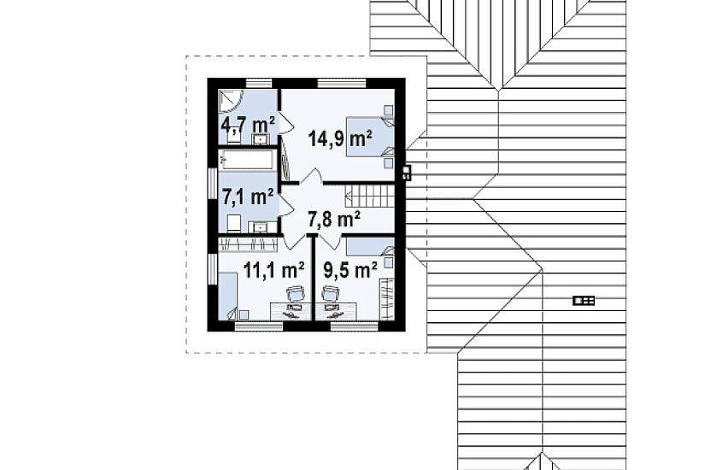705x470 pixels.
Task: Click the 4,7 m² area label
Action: (x=248, y=125)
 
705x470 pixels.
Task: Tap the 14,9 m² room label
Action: (x=340, y=138)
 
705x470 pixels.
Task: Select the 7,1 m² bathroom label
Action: (x=248, y=197)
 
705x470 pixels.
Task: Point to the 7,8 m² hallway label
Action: (x=333, y=220)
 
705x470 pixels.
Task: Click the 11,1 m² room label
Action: (x=273, y=270)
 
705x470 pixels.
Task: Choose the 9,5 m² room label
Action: (x=350, y=270)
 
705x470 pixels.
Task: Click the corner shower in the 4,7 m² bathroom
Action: (x=230, y=100)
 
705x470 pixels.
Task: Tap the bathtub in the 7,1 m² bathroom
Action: (x=246, y=160)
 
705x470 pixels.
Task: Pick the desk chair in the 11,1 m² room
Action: (x=296, y=295)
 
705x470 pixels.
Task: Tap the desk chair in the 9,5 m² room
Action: (x=331, y=294)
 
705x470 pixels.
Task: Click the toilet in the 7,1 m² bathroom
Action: (x=233, y=224)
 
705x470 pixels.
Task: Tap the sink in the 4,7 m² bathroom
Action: (x=260, y=138)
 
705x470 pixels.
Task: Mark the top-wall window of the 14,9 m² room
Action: (x=341, y=83)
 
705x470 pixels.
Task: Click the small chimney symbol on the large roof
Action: (x=584, y=301)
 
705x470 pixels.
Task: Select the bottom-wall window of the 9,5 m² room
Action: (x=355, y=326)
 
